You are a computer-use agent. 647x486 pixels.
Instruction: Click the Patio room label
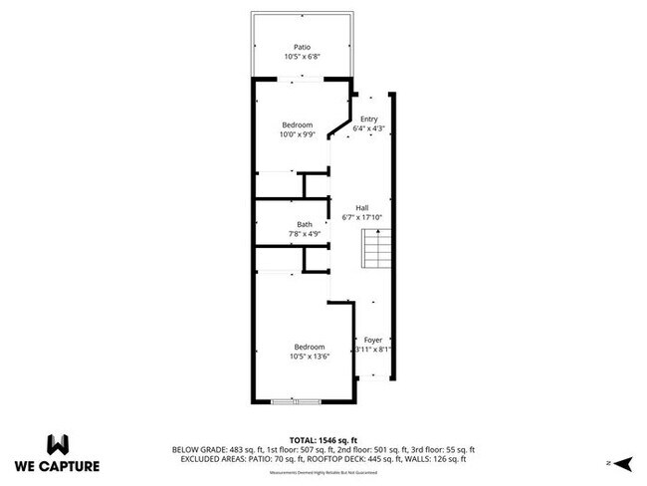pos(302,47)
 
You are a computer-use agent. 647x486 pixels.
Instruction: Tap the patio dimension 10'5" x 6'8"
pos(302,57)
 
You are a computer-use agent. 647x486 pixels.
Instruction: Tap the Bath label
pos(304,224)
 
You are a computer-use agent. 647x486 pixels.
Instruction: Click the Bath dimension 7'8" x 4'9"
pos(304,234)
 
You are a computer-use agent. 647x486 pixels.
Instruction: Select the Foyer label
pos(372,340)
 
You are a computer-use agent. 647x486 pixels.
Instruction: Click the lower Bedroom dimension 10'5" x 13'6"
pos(309,357)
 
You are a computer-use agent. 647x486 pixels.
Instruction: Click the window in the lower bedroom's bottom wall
pos(296,401)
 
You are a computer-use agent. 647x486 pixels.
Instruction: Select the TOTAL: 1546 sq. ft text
pos(324,439)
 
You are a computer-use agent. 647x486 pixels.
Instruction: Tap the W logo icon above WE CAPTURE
pos(57,442)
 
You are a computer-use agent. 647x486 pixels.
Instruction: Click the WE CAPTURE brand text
pos(57,465)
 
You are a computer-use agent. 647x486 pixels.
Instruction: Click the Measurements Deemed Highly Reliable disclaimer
pos(323,472)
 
